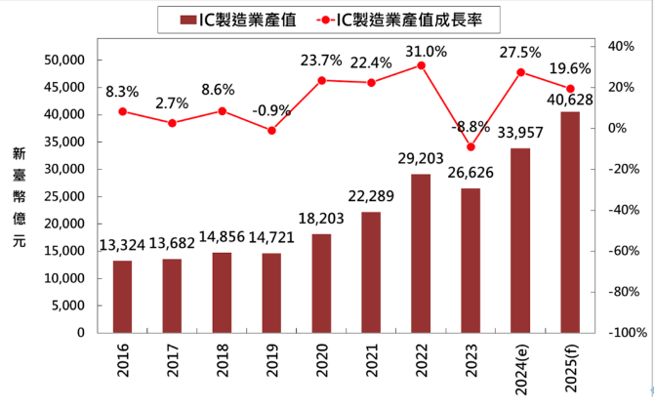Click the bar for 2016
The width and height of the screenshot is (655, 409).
point(122,297)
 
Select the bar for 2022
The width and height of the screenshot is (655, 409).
point(421,254)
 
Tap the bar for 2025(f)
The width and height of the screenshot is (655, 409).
point(570,223)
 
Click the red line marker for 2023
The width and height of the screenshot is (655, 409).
point(471,147)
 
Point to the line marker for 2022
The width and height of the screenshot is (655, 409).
point(421,65)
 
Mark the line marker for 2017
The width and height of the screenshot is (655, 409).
point(172,123)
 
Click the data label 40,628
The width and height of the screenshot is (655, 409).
point(570,100)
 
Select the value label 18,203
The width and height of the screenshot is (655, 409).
point(321,221)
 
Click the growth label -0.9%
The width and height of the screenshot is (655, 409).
point(271,109)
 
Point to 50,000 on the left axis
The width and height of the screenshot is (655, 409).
point(66,61)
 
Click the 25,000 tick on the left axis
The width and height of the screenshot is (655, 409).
point(66,197)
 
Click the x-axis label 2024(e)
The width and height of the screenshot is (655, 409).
point(520,367)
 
